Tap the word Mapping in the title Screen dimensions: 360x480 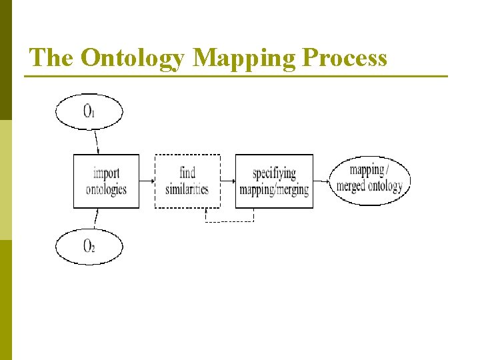[x=245, y=58]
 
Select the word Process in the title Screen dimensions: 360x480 [x=345, y=58]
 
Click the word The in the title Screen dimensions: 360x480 [x=52, y=58]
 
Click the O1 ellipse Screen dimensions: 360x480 [x=89, y=111]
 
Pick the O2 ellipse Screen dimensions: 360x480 [x=89, y=246]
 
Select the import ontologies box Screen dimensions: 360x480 [x=106, y=181]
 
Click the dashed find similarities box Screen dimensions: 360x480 [x=187, y=181]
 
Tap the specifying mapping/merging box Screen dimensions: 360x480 [x=274, y=181]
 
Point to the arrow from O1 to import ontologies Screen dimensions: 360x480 [x=97, y=141]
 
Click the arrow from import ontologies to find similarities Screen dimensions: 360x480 [x=147, y=180]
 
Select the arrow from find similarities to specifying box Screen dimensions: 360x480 [x=228, y=180]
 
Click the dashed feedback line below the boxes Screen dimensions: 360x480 [x=229, y=221]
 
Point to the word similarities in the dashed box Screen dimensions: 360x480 [x=187, y=189]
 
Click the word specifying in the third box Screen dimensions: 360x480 [x=274, y=174]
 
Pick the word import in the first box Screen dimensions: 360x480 [x=107, y=174]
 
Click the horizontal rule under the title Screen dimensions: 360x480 [x=236, y=77]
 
